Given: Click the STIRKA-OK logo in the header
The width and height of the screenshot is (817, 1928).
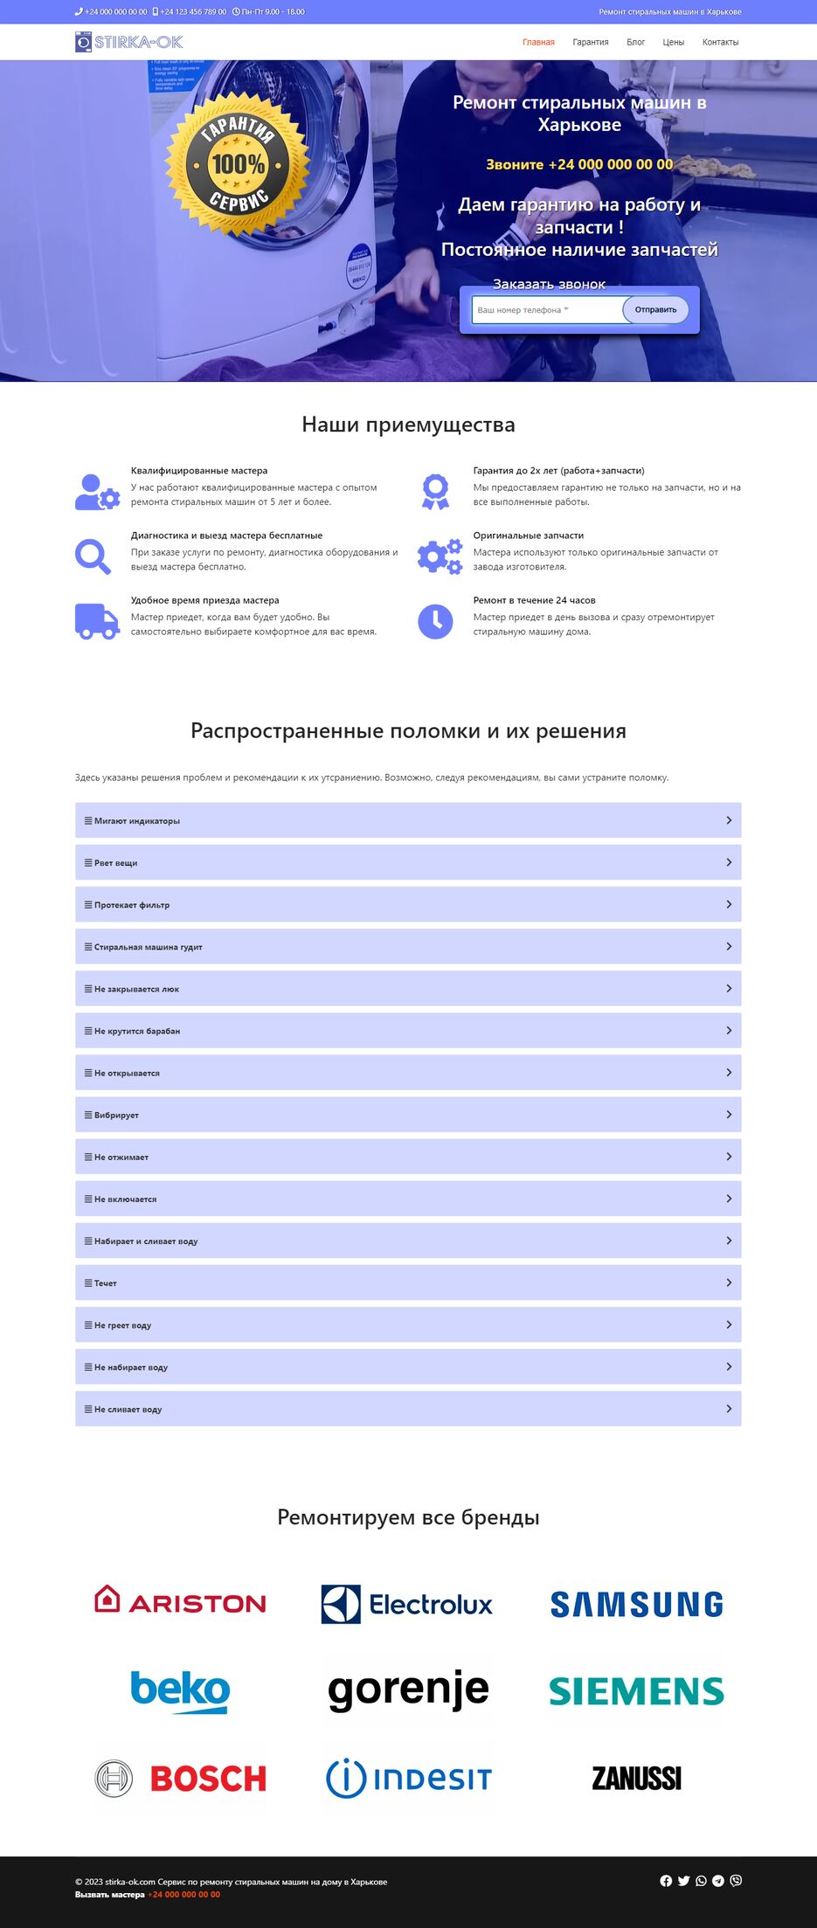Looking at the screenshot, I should (128, 42).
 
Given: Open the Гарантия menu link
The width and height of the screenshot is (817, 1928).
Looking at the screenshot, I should (591, 42).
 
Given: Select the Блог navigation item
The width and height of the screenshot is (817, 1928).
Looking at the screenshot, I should (635, 42).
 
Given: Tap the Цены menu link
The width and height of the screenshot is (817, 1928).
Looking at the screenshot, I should (673, 42).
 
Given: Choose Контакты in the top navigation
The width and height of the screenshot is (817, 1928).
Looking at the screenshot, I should (720, 42).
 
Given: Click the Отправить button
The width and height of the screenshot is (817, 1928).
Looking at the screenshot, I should (655, 310).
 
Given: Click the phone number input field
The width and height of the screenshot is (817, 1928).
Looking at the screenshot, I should (546, 310).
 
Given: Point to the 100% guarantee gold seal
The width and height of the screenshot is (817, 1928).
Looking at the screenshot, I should (239, 164).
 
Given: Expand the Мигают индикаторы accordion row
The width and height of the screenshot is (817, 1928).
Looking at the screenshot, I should (408, 820).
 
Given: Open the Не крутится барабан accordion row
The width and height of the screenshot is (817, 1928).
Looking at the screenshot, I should (408, 1031).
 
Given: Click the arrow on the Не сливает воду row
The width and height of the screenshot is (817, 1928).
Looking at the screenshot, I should (729, 1408).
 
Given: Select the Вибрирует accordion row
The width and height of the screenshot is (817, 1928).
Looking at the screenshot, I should (408, 1115).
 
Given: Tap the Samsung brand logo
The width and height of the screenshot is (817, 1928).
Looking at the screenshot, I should (636, 1604).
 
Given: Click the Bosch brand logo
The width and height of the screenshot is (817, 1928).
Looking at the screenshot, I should (181, 1778).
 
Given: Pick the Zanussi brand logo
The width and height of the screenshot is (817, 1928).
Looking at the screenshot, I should (636, 1778).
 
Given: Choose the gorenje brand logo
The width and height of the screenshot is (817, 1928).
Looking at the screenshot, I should (408, 1690).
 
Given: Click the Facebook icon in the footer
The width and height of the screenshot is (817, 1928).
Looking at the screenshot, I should (666, 1881).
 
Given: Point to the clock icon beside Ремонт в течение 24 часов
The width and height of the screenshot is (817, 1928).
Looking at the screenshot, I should (435, 621).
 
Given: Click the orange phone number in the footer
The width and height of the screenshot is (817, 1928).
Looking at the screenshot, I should (183, 1895).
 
